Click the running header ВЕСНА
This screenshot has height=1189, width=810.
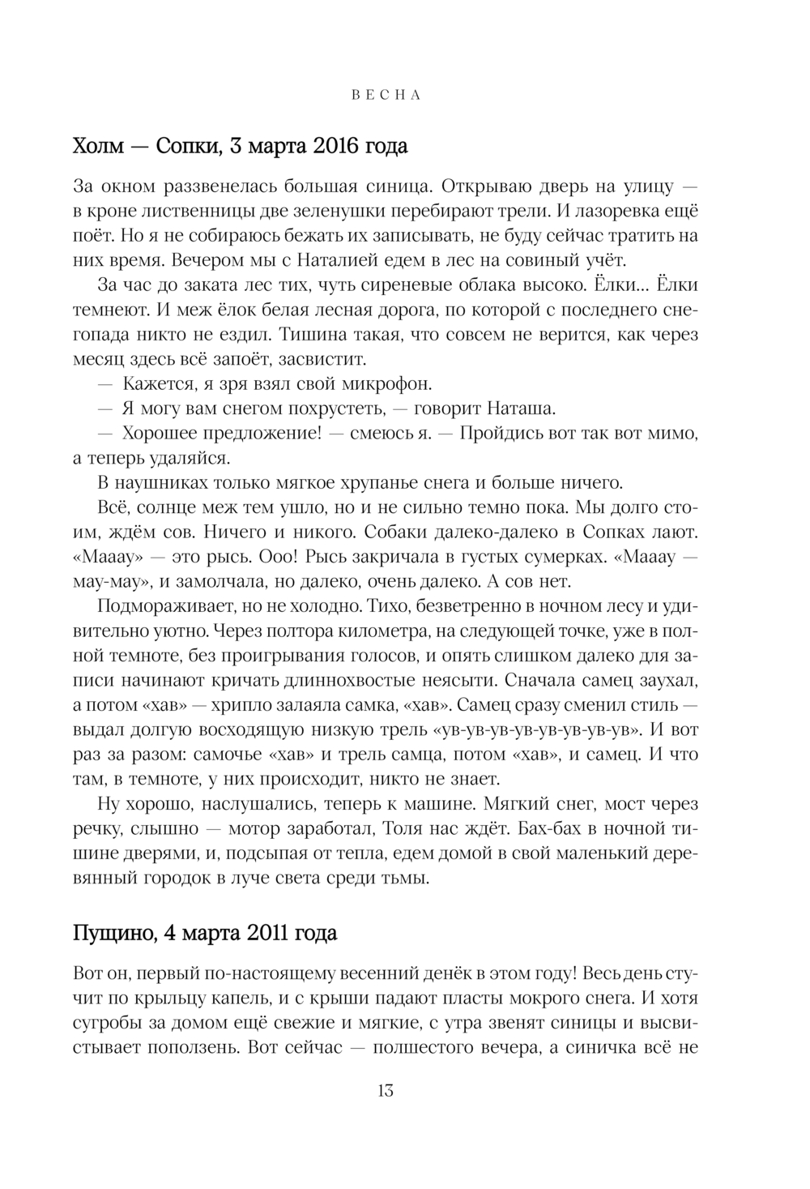point(386,95)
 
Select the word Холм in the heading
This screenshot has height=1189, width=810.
point(96,147)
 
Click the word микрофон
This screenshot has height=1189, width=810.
point(382,383)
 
